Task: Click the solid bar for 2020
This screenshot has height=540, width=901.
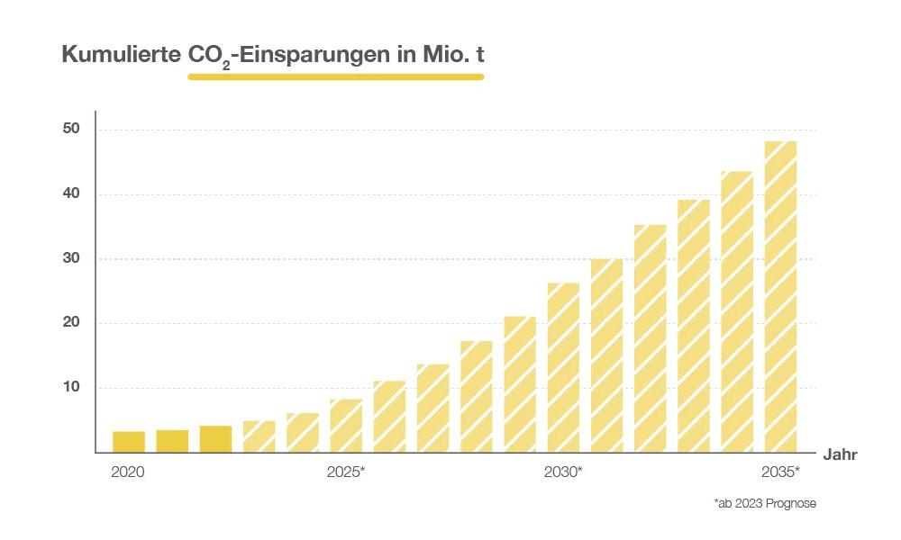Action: [x=129, y=442]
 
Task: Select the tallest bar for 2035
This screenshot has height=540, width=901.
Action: [x=780, y=297]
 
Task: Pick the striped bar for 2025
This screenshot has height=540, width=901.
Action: [x=346, y=426]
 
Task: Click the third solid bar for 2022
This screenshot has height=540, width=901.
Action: [x=215, y=439]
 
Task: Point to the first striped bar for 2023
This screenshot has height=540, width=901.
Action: [x=259, y=436]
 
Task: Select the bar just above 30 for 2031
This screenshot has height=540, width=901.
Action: [x=606, y=355]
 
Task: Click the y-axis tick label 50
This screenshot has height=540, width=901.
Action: [x=71, y=130]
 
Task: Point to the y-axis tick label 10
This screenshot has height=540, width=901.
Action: [x=71, y=388]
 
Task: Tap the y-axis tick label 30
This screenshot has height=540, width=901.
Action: [x=71, y=259]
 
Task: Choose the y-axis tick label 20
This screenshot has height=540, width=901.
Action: [x=71, y=323]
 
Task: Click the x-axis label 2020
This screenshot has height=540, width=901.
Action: [x=128, y=472]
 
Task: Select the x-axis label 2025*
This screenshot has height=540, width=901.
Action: [x=346, y=472]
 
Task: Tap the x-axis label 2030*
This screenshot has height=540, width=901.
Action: [x=563, y=472]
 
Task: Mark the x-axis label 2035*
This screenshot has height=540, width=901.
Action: [x=780, y=472]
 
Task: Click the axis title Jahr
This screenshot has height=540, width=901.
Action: [x=839, y=454]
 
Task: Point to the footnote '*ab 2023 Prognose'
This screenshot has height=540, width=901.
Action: [x=764, y=503]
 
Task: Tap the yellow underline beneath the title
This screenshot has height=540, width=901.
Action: [x=335, y=76]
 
